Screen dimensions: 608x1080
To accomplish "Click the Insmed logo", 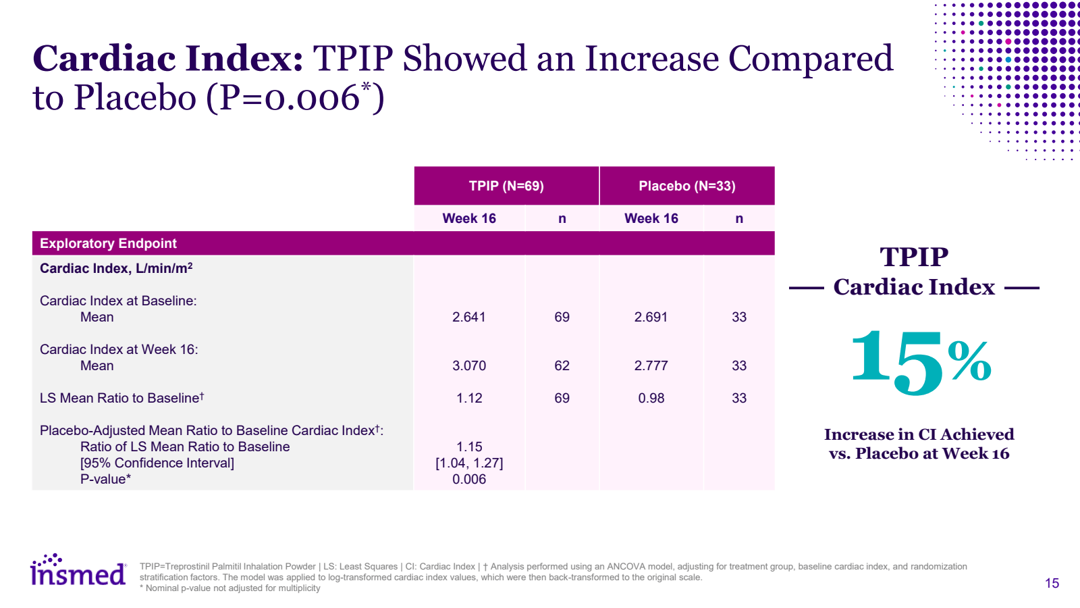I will pyautogui.click(x=78, y=572).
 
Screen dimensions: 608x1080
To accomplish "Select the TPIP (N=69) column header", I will pyautogui.click(x=506, y=186).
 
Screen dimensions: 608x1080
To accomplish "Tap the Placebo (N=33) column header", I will pyautogui.click(x=686, y=186).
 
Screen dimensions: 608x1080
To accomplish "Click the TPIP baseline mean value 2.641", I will pyautogui.click(x=469, y=317).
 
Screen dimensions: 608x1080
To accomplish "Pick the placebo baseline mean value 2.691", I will pyautogui.click(x=651, y=317).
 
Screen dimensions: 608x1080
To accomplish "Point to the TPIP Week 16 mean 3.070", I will pyautogui.click(x=469, y=365).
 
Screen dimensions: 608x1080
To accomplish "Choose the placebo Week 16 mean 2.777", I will pyautogui.click(x=651, y=365).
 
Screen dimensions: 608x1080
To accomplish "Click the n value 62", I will pyautogui.click(x=562, y=365).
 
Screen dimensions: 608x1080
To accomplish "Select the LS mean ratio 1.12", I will pyautogui.click(x=469, y=398).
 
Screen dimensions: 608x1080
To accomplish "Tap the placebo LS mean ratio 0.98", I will pyautogui.click(x=651, y=398).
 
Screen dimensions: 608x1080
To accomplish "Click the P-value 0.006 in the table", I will pyautogui.click(x=469, y=479).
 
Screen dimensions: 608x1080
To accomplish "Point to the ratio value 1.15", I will pyautogui.click(x=469, y=447).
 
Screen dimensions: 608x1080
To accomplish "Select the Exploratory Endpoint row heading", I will pyautogui.click(x=108, y=243).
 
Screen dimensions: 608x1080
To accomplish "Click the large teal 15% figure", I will pyautogui.click(x=919, y=361).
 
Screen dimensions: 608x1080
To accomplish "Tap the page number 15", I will pyautogui.click(x=1052, y=583).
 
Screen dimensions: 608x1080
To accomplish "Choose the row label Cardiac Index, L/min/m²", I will pyautogui.click(x=116, y=268).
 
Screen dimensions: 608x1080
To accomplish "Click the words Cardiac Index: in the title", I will pyautogui.click(x=168, y=58).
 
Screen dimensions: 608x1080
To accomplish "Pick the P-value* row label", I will pyautogui.click(x=105, y=479).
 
